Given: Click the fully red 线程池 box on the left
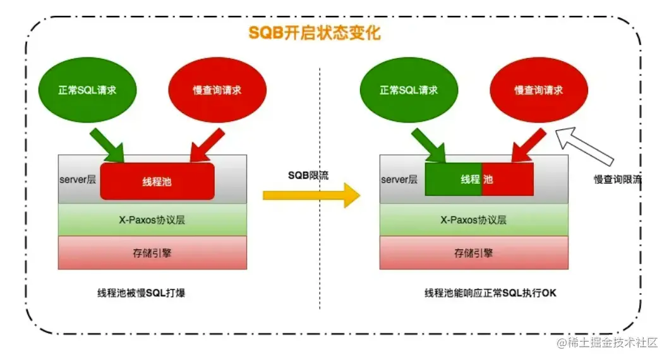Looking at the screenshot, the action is point(157,182).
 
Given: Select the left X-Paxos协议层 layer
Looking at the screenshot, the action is point(152,220).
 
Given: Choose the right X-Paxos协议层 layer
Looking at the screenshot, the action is point(474,220).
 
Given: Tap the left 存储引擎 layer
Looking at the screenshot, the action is point(152,253).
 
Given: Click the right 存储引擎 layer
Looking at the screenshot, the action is point(474,253).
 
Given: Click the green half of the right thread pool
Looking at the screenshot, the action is point(453,179).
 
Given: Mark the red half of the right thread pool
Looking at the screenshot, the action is point(508,179).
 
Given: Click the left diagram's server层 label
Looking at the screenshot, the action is point(76,180).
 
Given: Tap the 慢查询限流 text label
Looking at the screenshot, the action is point(618,179).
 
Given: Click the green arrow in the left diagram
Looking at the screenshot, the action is point(108,145).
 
